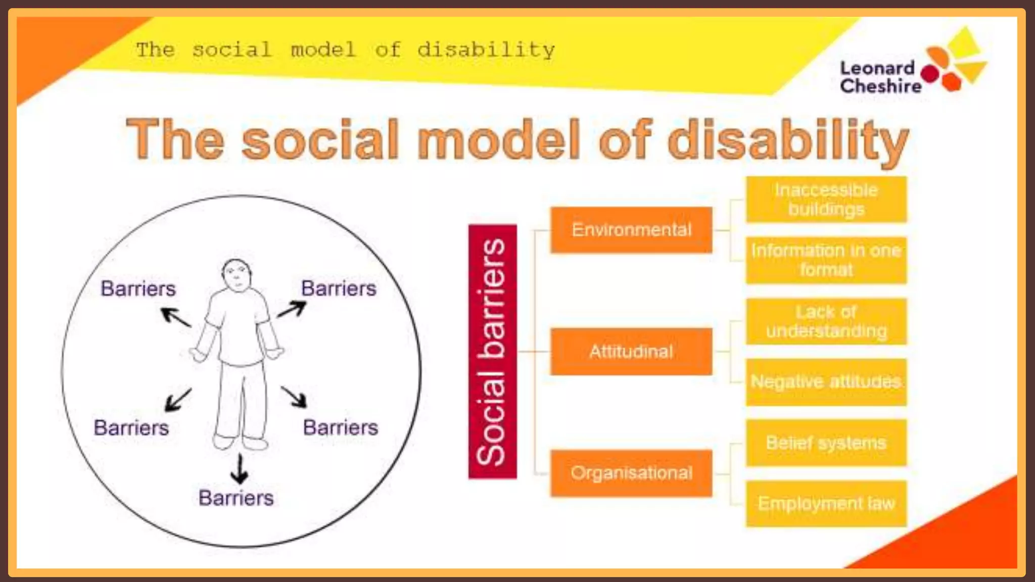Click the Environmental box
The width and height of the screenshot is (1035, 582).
point(631,230)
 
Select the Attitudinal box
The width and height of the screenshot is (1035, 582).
point(631,351)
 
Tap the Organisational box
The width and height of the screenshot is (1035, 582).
point(631,473)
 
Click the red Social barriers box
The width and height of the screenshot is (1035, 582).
point(492,351)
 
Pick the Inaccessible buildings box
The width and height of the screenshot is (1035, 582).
point(826,200)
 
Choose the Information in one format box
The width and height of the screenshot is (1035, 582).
point(826,260)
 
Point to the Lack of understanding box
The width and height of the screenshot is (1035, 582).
point(826,321)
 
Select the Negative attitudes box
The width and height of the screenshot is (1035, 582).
point(826,382)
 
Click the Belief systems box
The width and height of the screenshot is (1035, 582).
point(826,443)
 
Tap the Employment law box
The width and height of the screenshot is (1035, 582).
point(826,504)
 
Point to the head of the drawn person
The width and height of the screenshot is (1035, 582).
point(236,275)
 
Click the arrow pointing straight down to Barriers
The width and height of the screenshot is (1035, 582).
point(240,468)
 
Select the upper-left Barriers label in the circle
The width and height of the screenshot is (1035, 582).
point(138,289)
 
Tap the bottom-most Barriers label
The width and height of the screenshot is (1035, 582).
point(236,498)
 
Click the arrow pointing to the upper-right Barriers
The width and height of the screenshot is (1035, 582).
point(292,309)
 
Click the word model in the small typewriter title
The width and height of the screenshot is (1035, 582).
point(323,50)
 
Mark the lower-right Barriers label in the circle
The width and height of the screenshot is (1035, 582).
point(340,428)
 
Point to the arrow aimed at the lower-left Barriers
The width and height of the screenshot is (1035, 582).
point(178,399)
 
